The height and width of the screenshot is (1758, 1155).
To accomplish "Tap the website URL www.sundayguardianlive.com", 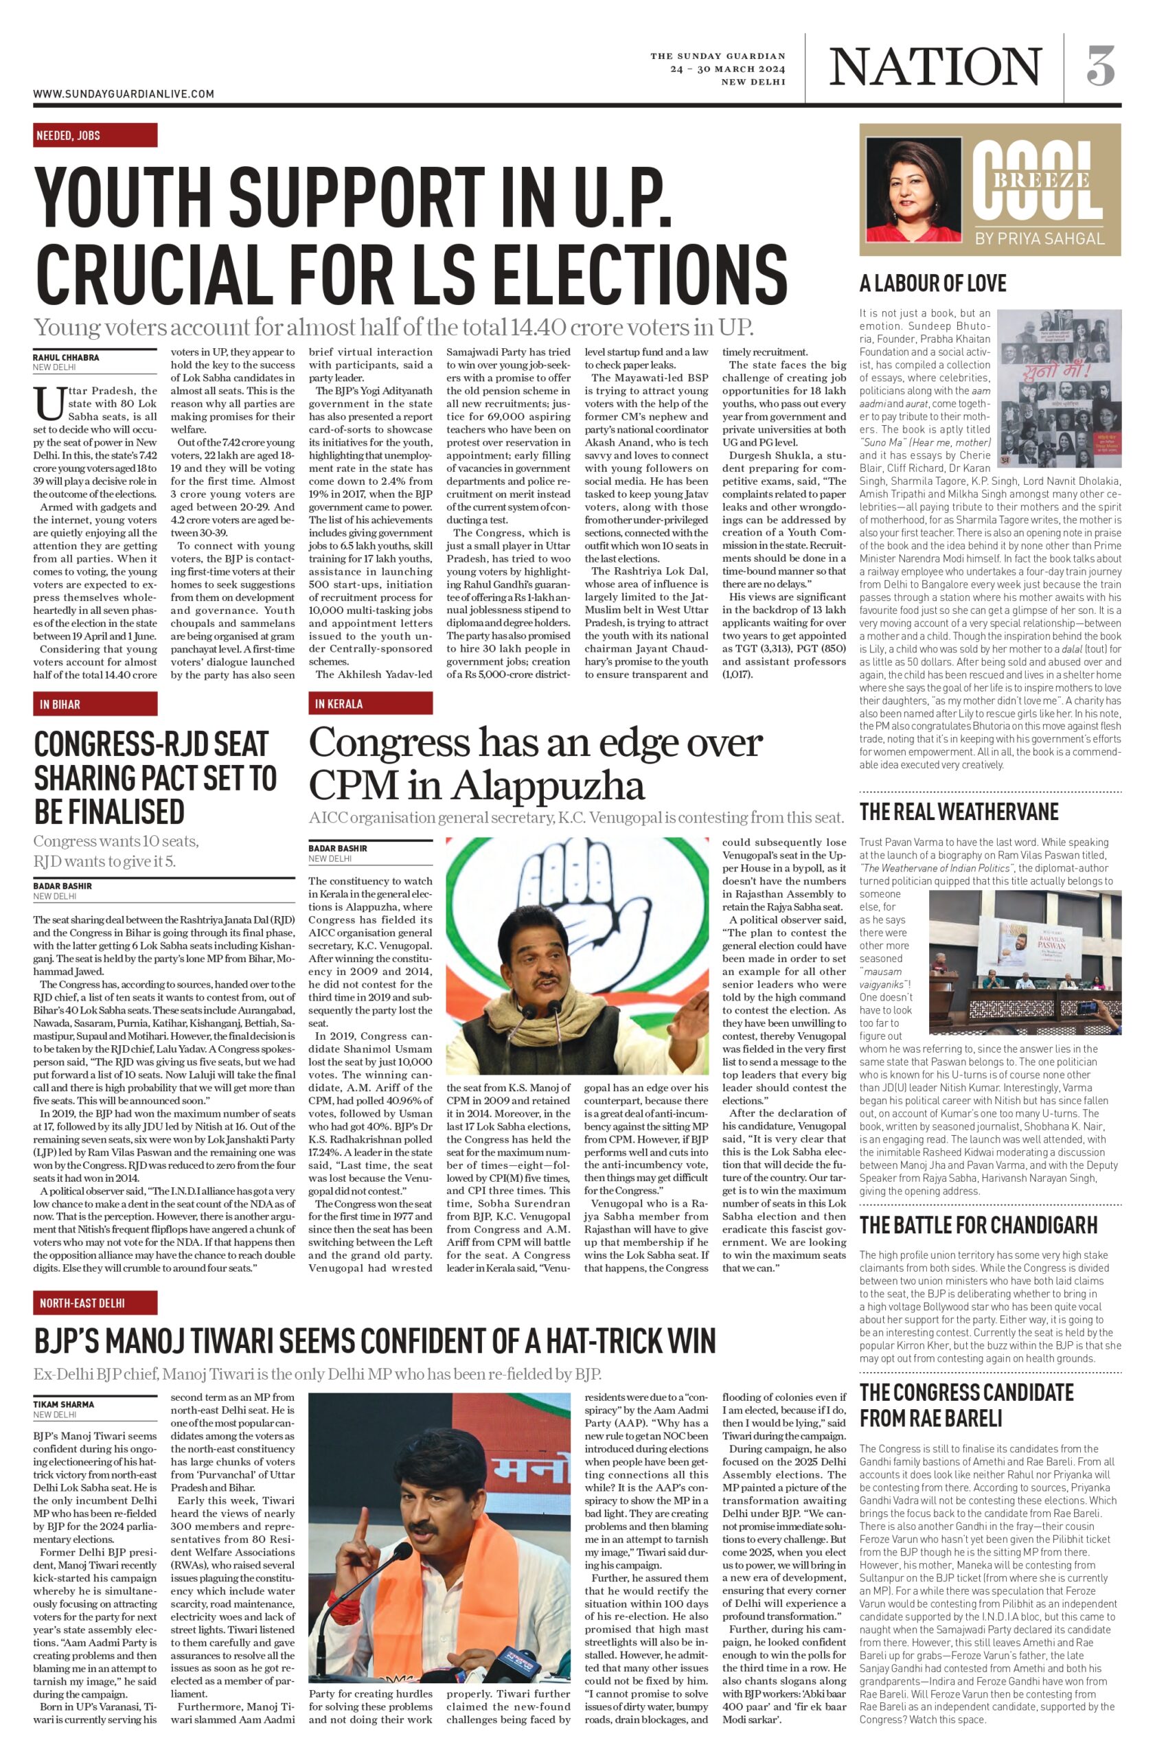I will tap(124, 94).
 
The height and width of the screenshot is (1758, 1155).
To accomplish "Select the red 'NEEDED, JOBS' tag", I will tap(95, 135).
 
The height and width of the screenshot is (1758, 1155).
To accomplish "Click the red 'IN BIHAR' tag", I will tap(95, 704).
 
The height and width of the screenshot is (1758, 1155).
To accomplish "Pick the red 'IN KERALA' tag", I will tap(370, 703).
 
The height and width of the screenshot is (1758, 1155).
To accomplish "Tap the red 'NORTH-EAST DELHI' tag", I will tap(95, 1302).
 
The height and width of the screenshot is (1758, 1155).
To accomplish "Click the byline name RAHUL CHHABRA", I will tap(66, 358).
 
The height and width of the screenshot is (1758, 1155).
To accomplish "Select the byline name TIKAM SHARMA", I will tap(63, 1404).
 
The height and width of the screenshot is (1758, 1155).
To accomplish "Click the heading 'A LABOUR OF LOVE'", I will tap(932, 284).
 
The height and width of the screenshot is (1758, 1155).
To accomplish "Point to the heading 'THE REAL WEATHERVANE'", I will tap(959, 812).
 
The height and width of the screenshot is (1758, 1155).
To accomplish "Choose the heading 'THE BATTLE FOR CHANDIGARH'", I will tap(978, 1224).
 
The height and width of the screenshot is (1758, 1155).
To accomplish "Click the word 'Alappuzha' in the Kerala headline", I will tap(548, 785).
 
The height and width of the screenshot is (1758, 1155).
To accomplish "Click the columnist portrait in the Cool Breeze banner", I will tap(915, 188).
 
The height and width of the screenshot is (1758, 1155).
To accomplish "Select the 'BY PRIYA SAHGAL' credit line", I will tap(1039, 238).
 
